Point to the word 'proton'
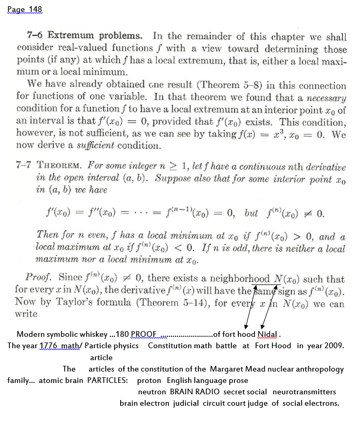pos(149,380)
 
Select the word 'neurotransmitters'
pos(304,392)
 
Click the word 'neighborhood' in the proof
pos(243,280)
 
